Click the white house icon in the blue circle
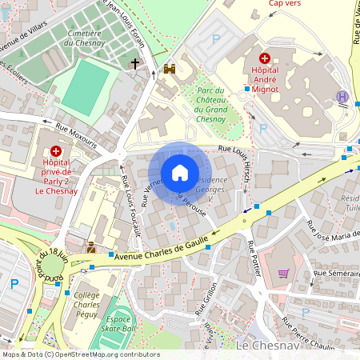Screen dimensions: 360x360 pyautogui.click(x=179, y=172)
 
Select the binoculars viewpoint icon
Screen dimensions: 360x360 pyautogui.click(x=170, y=70)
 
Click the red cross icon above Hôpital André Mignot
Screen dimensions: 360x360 pyautogui.click(x=265, y=58)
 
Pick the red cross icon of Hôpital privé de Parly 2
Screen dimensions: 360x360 pyautogui.click(x=55, y=150)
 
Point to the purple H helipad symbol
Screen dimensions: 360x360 pyautogui.click(x=343, y=96)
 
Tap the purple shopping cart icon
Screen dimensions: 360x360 pyautogui.click(x=283, y=273)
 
